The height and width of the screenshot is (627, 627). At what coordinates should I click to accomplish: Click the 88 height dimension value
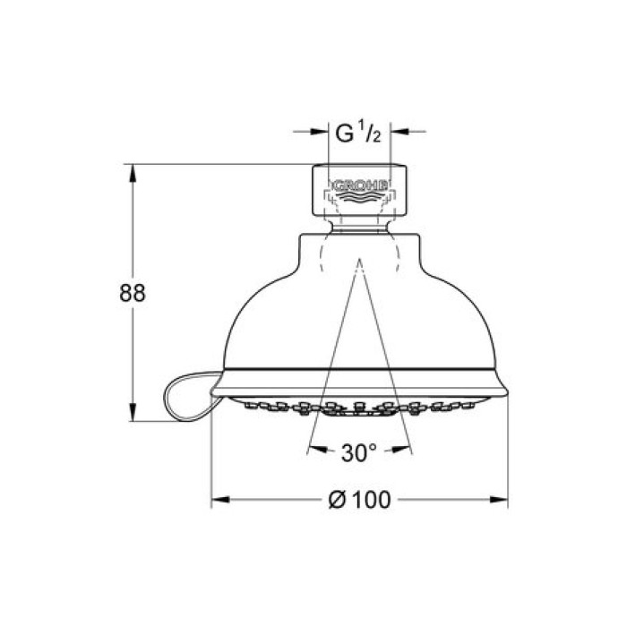coord(133,293)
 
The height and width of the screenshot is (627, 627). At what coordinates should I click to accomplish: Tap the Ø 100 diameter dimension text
coord(359,500)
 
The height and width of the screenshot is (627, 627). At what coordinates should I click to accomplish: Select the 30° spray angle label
coord(358,452)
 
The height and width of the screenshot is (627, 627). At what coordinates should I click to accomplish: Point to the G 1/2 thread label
coord(358,133)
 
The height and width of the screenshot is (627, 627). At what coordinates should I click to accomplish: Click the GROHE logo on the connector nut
coord(360,185)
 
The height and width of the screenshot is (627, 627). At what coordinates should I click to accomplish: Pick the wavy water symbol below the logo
coord(360,197)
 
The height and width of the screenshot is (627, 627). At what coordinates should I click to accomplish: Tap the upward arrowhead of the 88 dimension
coord(133,173)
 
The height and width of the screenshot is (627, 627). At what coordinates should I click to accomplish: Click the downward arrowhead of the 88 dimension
coord(133,412)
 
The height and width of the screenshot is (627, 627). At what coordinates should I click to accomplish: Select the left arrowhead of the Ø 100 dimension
coord(220,500)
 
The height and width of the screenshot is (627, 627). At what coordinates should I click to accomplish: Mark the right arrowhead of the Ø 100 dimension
coord(499,500)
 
